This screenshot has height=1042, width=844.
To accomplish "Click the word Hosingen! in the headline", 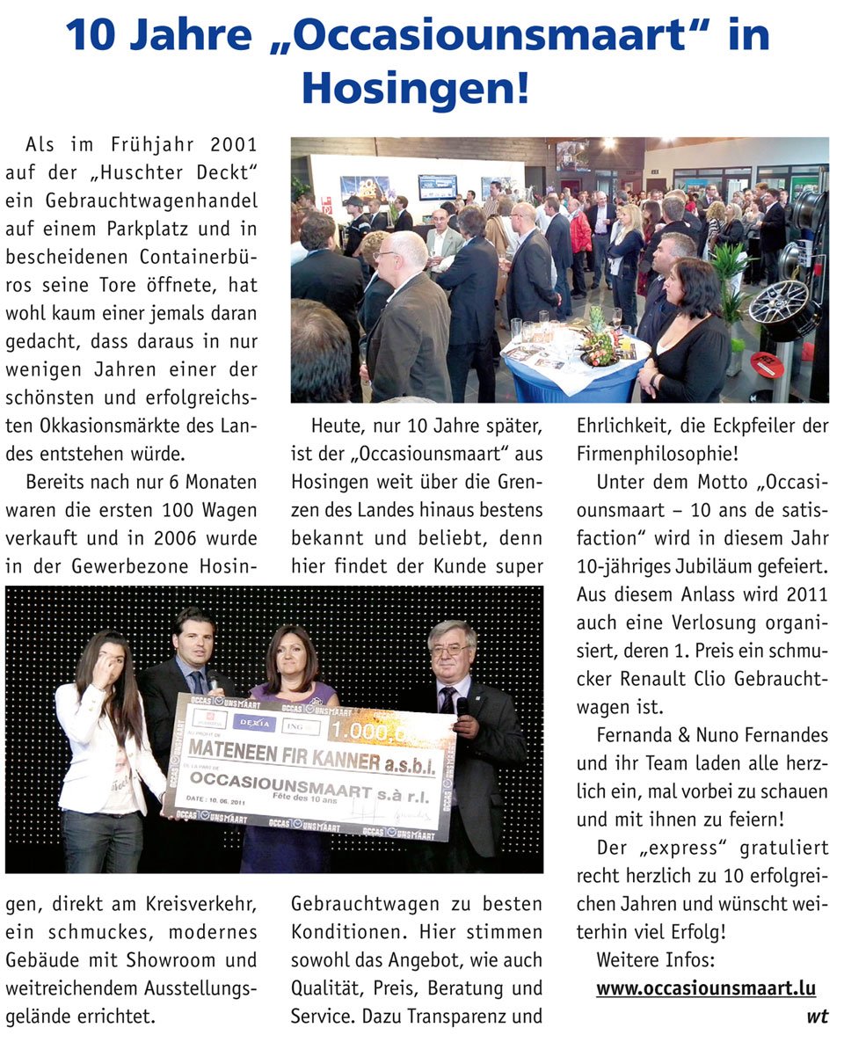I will [x=415, y=88].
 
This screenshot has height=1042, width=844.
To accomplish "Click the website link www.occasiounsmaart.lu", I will [x=706, y=988].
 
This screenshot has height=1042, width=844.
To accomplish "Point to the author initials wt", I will [x=817, y=1017].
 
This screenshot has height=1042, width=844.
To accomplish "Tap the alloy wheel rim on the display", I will [x=781, y=310].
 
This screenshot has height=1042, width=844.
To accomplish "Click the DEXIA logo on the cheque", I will [x=253, y=723].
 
